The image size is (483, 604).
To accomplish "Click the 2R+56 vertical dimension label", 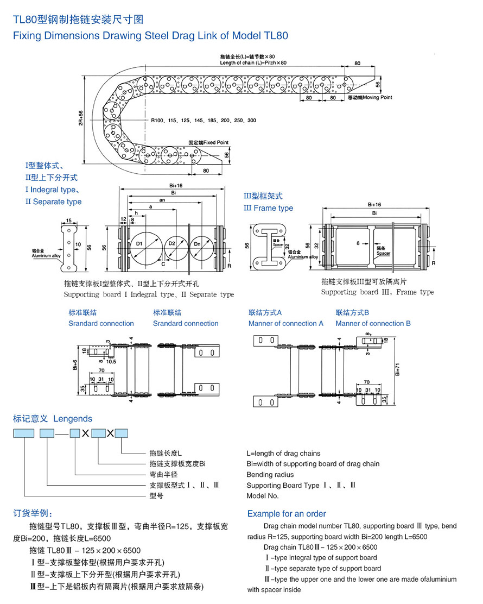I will [81, 118].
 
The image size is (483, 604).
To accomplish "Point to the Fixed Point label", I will [208, 142].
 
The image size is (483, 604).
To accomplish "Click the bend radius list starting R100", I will [204, 119].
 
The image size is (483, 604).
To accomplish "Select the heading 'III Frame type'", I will [268, 208].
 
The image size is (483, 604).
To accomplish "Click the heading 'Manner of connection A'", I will [286, 323].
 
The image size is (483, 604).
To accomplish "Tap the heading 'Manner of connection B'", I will [373, 323].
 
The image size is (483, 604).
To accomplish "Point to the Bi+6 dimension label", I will [75, 366].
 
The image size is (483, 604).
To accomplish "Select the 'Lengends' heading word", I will [73, 419].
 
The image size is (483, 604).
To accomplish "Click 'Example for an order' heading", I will [287, 513].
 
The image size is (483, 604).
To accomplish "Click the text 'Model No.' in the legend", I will [263, 495].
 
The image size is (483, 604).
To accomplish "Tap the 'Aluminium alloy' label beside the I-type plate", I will [47, 255].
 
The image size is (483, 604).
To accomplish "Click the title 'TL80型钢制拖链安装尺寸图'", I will [78, 20].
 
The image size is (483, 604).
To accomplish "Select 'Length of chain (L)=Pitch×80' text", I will [253, 62].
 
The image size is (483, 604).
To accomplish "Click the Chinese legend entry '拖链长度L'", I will [166, 453].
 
